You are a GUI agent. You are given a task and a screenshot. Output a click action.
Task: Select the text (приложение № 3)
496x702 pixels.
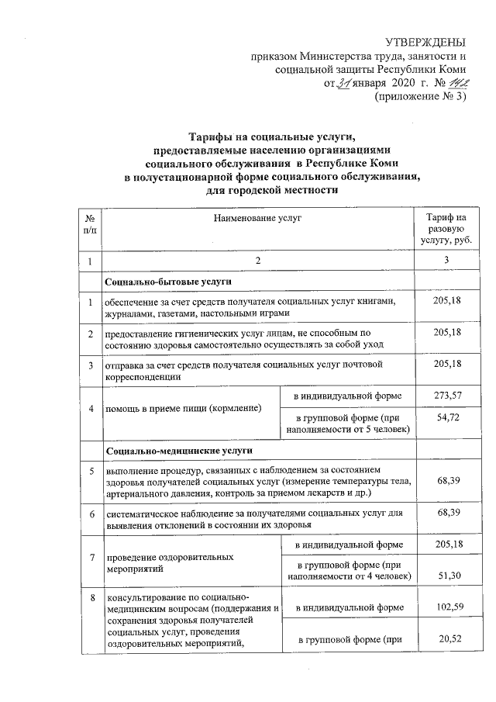(419, 98)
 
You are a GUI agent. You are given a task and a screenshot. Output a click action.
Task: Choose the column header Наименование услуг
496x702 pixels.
(258, 219)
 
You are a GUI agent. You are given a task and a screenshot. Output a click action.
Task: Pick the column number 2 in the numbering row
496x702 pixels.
(258, 261)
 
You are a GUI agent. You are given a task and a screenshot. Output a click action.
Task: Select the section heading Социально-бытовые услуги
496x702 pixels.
(169, 281)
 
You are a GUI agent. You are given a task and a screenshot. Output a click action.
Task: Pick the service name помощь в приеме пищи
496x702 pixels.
(184, 408)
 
